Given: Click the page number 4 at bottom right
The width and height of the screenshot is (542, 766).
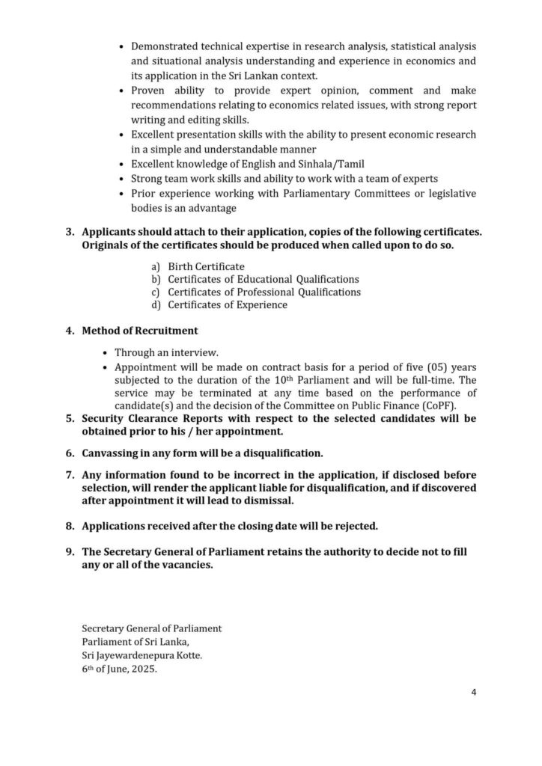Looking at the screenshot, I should [x=474, y=692].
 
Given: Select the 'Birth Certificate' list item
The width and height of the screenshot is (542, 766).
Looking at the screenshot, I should [x=206, y=266].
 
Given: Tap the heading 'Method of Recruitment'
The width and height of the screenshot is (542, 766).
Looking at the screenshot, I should [x=140, y=330].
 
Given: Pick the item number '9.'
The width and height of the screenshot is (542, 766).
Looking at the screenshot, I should [x=70, y=552].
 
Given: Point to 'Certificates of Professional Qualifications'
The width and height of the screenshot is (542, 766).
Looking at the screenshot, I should [x=264, y=292].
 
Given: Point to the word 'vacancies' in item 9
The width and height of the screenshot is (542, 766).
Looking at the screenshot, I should [x=187, y=566].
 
